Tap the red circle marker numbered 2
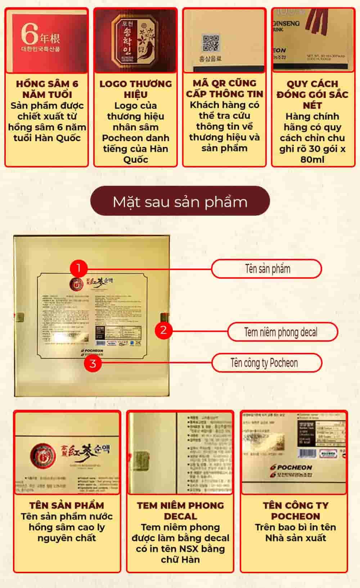[x=163, y=329]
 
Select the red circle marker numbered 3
[x=93, y=363]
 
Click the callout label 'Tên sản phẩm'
[x=266, y=269]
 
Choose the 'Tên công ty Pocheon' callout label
[x=266, y=363]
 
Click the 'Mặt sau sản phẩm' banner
[x=180, y=202]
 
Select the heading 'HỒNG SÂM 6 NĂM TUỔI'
[x=47, y=89]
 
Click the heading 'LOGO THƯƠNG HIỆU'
[x=135, y=89]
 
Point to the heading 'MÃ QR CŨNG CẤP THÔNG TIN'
[x=224, y=88]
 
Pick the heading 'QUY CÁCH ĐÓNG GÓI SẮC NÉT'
[x=312, y=94]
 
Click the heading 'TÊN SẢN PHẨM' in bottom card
[x=67, y=505]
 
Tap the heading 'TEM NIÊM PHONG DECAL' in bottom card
[x=180, y=511]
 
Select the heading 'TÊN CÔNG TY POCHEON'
[x=295, y=511]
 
